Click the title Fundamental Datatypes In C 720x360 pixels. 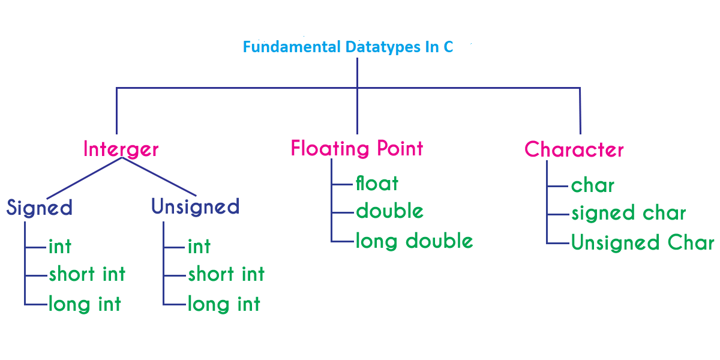coord(348,47)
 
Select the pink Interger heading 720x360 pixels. coord(121,149)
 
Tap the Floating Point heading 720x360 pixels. coord(357,149)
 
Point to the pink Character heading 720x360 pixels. coord(574,149)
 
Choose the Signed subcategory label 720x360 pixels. coord(39,208)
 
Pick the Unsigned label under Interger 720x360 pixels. coord(196,206)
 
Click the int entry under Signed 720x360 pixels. coord(60,247)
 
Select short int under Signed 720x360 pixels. coord(87,274)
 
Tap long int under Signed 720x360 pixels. coord(85,304)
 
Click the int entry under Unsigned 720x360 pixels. coord(199,247)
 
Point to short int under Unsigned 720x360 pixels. coord(226,274)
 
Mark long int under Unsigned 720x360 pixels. coord(224,304)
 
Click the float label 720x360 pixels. coord(377,183)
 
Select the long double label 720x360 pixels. coord(415,241)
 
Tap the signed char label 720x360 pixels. coord(629,213)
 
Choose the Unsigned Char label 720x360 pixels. coord(643,242)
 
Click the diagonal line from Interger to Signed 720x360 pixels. coord(85,178)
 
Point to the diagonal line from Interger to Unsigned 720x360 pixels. coord(159,176)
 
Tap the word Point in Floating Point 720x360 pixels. coord(400,149)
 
